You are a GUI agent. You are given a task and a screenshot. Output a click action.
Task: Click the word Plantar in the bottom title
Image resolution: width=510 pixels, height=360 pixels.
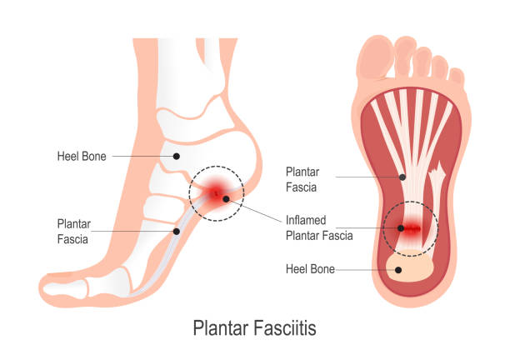[220, 327]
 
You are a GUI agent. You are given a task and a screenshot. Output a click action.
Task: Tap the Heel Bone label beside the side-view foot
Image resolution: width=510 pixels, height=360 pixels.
[82, 157]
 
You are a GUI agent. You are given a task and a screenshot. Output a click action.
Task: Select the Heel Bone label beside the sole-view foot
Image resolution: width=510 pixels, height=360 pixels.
[310, 269]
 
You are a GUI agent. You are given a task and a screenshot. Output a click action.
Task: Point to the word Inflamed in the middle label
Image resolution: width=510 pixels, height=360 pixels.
[306, 220]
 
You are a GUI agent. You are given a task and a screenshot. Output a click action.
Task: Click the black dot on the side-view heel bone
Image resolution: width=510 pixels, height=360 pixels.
[177, 157]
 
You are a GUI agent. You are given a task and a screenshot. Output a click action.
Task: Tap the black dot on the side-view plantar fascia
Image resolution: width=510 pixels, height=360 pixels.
[177, 232]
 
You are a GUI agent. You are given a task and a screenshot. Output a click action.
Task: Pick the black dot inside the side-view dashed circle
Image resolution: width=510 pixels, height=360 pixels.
[226, 199]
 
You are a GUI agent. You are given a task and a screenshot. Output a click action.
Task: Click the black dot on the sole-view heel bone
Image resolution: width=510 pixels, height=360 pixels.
[398, 270]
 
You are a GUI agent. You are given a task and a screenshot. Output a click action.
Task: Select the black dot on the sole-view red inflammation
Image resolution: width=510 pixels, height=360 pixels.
[401, 228]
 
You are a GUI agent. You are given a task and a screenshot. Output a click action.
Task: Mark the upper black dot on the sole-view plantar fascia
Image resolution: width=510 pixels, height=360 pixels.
[402, 177]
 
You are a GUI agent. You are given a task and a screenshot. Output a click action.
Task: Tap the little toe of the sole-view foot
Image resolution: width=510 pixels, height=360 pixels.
[457, 77]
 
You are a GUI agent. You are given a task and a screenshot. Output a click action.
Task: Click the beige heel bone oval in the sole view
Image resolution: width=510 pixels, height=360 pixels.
[410, 267]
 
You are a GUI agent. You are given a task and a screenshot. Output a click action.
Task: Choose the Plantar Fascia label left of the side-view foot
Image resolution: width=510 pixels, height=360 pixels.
[74, 232]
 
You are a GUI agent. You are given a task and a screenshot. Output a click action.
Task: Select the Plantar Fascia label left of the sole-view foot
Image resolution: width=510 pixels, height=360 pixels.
[302, 179]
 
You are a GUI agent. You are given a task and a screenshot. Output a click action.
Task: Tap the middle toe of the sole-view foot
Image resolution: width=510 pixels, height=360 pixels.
[422, 62]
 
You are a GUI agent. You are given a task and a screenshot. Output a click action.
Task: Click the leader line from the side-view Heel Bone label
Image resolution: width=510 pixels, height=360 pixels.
[142, 157]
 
